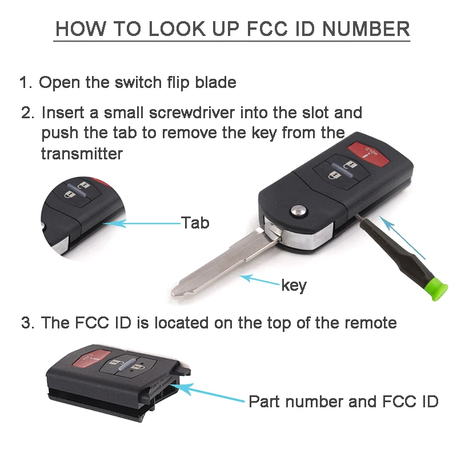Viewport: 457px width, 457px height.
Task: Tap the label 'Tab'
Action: coord(195,222)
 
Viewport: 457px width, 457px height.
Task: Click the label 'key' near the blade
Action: coord(294,285)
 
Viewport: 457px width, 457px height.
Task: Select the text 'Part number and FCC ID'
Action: coord(343,402)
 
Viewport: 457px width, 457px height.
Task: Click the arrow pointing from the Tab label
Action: coord(143,224)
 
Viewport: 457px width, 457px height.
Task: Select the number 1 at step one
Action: coord(24,82)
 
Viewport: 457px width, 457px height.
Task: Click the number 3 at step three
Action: coord(26,323)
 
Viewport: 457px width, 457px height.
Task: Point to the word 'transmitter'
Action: coord(82,154)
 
